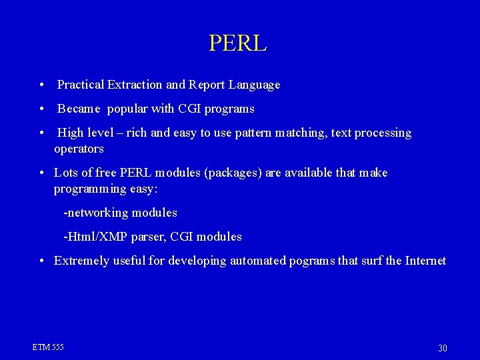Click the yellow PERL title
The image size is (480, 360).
[237, 43]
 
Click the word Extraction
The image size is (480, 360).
[135, 85]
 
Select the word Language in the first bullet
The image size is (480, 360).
[254, 85]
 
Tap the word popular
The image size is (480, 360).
[129, 109]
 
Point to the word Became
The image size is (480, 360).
[79, 109]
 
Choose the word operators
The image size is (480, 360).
[79, 149]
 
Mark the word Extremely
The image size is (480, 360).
[81, 261]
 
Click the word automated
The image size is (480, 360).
[258, 261]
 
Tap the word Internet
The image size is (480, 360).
[425, 261]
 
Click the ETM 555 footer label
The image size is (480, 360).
[48, 347]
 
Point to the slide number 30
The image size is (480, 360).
[443, 348]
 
